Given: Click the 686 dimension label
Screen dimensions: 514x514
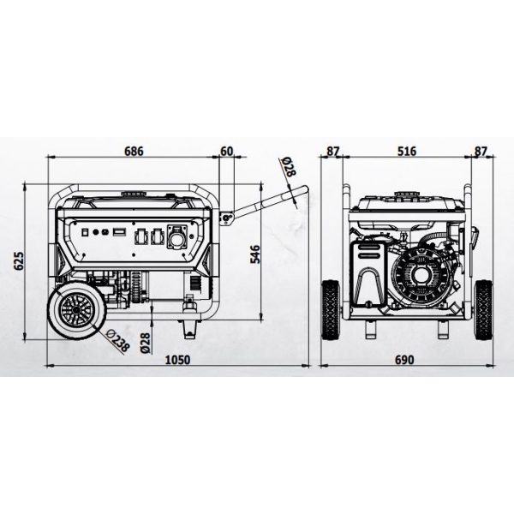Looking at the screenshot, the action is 134,151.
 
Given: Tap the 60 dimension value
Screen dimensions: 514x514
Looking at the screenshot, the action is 226,151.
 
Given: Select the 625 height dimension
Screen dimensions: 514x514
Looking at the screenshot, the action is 20,261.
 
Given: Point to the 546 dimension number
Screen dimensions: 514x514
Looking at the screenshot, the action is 255,254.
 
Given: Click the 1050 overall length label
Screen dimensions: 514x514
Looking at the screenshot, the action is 177,360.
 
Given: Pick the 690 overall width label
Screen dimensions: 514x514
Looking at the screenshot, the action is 404,360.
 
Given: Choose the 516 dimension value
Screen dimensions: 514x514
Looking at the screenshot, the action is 407,151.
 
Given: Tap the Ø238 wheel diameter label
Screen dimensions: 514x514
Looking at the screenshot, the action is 118,341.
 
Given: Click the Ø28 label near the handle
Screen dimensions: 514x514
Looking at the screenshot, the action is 289,167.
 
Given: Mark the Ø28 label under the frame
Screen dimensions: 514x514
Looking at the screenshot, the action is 146,343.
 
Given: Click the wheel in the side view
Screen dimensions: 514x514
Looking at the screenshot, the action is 76,310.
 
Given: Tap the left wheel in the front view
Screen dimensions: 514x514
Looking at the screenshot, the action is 331,310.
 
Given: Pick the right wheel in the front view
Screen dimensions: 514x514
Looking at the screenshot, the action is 483,310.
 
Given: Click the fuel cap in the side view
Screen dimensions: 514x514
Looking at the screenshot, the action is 134,194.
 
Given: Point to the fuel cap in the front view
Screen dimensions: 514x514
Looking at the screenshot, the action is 406,194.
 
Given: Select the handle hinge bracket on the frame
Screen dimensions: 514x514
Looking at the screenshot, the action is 226,218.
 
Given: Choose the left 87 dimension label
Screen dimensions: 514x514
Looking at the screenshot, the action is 332,151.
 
